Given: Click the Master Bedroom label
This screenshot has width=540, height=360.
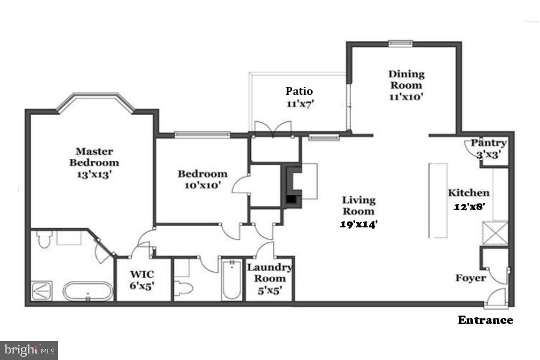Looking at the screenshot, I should tap(94, 157).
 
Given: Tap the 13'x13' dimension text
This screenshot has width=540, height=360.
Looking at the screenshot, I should tap(94, 175).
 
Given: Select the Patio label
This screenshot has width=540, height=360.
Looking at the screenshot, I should tap(299, 91).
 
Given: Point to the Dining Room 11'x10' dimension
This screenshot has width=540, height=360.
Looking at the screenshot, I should tap(406, 96).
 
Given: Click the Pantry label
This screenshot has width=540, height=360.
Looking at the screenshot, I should tap(488, 143).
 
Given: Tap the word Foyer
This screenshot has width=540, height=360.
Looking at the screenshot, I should tap(470, 278).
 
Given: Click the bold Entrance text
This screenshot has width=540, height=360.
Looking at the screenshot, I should tap(485, 320).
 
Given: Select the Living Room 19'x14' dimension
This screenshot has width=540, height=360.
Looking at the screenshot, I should tap(359, 224).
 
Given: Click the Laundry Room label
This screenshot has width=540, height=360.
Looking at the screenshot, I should tap(269, 273).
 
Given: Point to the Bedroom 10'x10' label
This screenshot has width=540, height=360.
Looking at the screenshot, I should tap(202, 179).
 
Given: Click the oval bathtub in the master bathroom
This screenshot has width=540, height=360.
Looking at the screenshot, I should tap(88, 291).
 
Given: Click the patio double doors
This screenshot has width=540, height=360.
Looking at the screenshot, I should tap(273, 128).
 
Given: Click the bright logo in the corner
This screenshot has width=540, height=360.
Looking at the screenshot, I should tap(29, 349).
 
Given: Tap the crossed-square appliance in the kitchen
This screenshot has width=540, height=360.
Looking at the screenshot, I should tap(496, 233).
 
